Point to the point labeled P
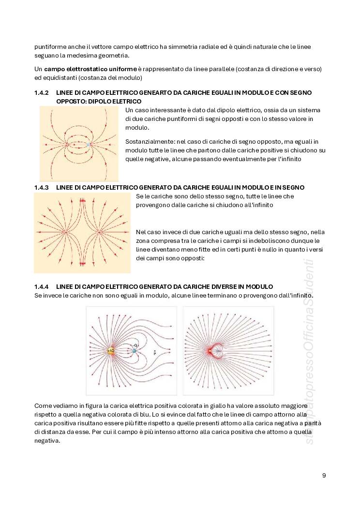point(154,352)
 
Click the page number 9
point(324,475)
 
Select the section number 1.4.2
point(41,92)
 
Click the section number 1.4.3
point(41,187)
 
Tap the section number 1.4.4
point(41,286)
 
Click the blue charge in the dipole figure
point(89,144)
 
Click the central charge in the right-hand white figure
point(210,350)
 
